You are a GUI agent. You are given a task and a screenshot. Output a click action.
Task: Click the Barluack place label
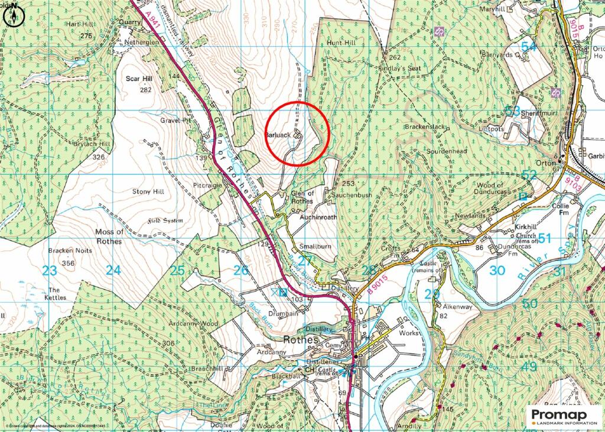[278, 135]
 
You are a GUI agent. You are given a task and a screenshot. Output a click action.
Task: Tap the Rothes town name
[301, 340]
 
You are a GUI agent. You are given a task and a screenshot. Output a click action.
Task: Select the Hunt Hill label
[342, 43]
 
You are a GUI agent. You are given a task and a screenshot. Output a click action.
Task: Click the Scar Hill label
[139, 78]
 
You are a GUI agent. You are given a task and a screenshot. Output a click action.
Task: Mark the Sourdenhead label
[447, 151]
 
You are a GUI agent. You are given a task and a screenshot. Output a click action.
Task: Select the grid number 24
[113, 271]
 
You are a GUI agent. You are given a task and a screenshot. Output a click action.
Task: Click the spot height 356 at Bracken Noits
[69, 263]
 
